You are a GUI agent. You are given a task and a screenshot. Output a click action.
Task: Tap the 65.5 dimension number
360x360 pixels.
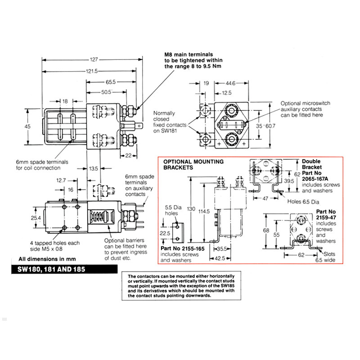111,82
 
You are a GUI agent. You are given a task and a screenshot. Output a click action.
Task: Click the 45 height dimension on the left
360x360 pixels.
28,127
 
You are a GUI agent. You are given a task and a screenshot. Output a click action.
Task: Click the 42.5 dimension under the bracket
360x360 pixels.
219,258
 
